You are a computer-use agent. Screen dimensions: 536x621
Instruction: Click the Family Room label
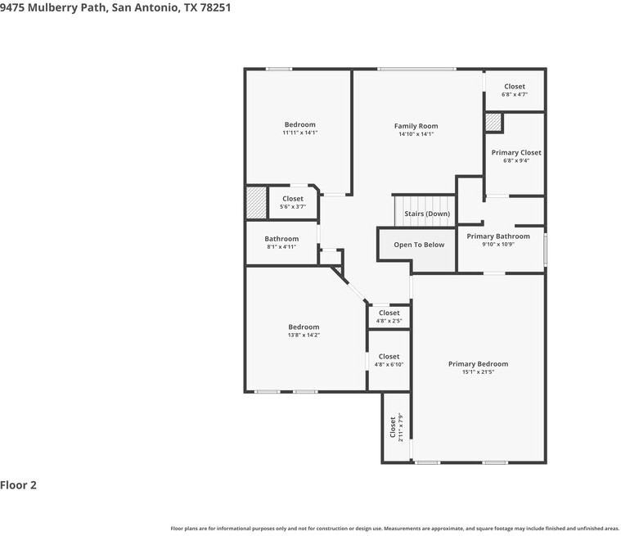416,126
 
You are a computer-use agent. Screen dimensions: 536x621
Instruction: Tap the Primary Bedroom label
478,364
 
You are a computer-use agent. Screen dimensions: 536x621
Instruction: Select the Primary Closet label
515,153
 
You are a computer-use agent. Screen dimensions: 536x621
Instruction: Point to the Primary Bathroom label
497,236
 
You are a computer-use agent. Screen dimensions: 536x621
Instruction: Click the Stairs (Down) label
426,214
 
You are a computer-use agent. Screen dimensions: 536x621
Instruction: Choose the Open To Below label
419,245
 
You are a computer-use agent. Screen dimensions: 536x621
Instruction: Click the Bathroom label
281,239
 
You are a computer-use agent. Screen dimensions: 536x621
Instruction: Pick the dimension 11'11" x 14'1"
300,133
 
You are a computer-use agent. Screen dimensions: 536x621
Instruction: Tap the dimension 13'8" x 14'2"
304,335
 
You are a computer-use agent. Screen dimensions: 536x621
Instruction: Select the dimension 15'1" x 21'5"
478,372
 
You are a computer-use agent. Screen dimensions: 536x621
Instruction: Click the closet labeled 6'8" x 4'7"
515,90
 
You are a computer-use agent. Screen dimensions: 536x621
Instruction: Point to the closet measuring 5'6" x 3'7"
292,202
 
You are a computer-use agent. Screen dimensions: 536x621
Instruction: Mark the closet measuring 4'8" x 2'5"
389,317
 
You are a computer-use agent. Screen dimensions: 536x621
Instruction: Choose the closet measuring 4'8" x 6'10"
389,360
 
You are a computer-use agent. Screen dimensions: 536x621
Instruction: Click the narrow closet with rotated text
396,427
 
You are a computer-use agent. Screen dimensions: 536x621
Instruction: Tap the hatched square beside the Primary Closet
493,122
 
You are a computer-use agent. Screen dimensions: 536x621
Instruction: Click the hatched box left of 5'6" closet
257,203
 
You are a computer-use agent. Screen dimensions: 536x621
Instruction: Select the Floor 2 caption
19,484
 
